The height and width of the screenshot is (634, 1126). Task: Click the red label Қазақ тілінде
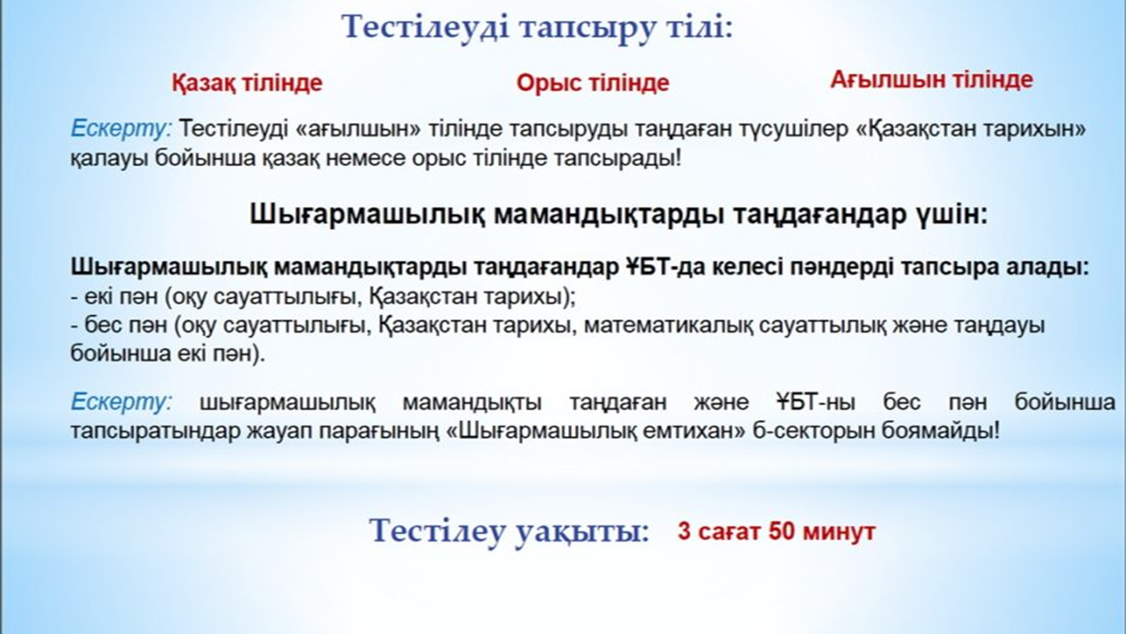coord(247,83)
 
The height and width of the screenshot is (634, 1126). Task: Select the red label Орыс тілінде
coord(592,83)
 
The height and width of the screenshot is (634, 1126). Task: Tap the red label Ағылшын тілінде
coord(931,80)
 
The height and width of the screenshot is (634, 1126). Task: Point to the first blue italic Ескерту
coord(121,129)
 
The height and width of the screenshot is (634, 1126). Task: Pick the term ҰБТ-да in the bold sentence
coord(663,267)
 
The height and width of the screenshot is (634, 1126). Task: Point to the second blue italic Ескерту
coord(121,402)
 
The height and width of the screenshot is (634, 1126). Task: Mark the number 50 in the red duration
coord(782,531)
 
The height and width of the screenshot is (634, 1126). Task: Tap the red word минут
coord(839,531)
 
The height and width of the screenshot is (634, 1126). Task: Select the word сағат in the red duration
coord(730,532)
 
